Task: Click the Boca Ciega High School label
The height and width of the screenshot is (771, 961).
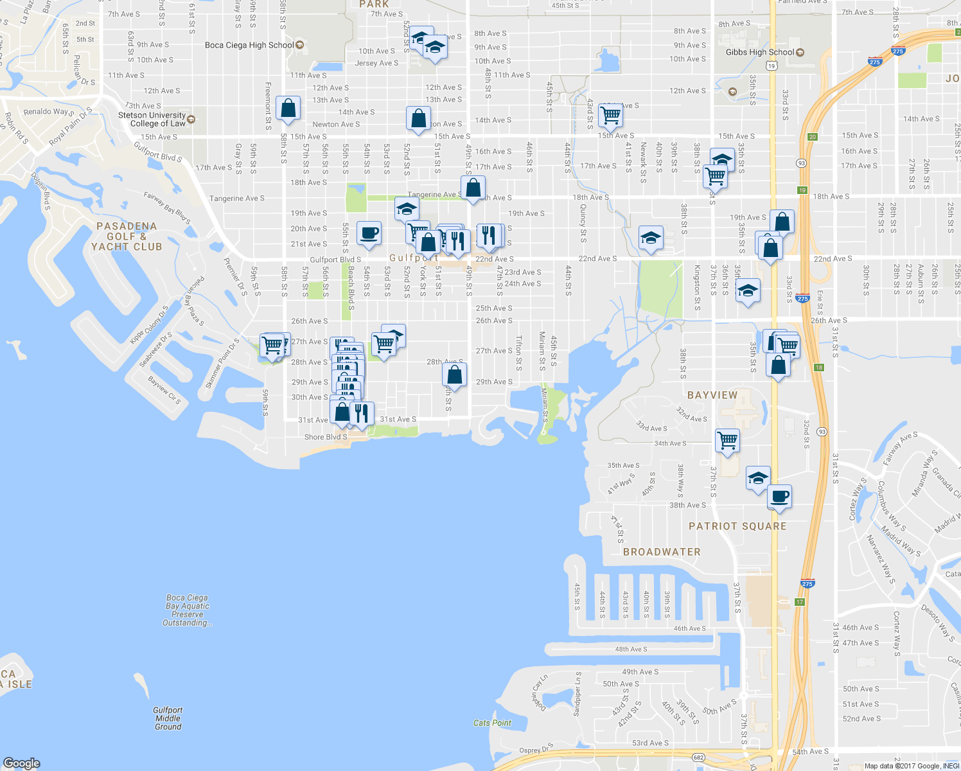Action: pyautogui.click(x=249, y=45)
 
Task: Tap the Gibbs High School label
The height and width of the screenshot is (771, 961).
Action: pyautogui.click(x=760, y=52)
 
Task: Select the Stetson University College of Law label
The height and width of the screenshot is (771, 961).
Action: pyautogui.click(x=153, y=119)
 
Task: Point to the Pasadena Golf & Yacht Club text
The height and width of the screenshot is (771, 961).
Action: pyautogui.click(x=127, y=236)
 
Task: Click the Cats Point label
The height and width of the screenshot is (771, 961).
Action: pyautogui.click(x=492, y=723)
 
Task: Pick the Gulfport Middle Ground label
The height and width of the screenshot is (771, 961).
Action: pyautogui.click(x=168, y=718)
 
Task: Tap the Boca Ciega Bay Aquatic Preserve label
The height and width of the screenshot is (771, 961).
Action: pyautogui.click(x=187, y=610)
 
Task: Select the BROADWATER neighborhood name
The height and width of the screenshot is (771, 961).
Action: pyautogui.click(x=662, y=552)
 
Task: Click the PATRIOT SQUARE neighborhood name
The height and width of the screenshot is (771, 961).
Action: pyautogui.click(x=737, y=526)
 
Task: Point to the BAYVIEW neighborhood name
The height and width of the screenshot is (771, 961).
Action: pyautogui.click(x=712, y=395)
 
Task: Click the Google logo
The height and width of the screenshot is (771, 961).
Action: pyautogui.click(x=21, y=763)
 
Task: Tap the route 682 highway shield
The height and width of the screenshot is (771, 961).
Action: pyautogui.click(x=698, y=758)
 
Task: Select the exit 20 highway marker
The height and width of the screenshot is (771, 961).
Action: pyautogui.click(x=813, y=137)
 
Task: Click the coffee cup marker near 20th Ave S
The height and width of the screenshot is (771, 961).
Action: pyautogui.click(x=369, y=233)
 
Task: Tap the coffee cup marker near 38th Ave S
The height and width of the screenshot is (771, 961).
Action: pyautogui.click(x=779, y=496)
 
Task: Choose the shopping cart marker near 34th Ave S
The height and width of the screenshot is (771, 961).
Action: pyautogui.click(x=727, y=441)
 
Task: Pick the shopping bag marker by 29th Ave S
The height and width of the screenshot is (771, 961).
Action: pyautogui.click(x=454, y=375)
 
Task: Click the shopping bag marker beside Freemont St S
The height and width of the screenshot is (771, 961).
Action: pyautogui.click(x=288, y=108)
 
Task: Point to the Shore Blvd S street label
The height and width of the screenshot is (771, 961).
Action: pyautogui.click(x=326, y=437)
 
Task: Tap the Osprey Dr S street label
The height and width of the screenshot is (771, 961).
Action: pyautogui.click(x=536, y=750)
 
